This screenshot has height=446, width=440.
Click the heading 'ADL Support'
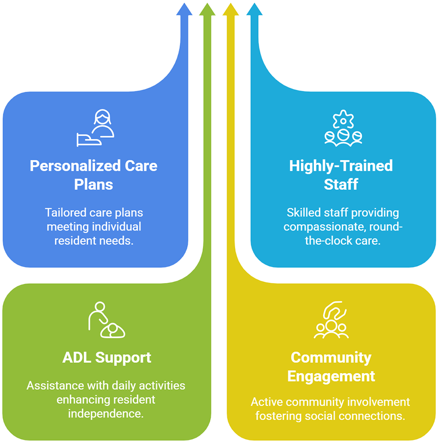tap(107, 357)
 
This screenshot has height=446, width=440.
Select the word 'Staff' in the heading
tap(341, 184)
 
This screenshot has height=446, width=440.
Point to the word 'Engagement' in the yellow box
tap(331, 376)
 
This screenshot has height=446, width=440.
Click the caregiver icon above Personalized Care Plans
tap(96, 128)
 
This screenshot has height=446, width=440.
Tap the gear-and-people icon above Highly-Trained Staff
tap(343, 128)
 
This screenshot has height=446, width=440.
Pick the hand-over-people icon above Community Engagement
tap(331, 320)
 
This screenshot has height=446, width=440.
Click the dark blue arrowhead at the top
tap(184, 9)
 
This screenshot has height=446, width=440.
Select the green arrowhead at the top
tap(207, 9)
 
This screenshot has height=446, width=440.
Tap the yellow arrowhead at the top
tap(230, 9)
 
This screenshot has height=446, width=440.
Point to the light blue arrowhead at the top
tap(254, 9)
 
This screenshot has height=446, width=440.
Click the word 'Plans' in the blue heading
tap(93, 184)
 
